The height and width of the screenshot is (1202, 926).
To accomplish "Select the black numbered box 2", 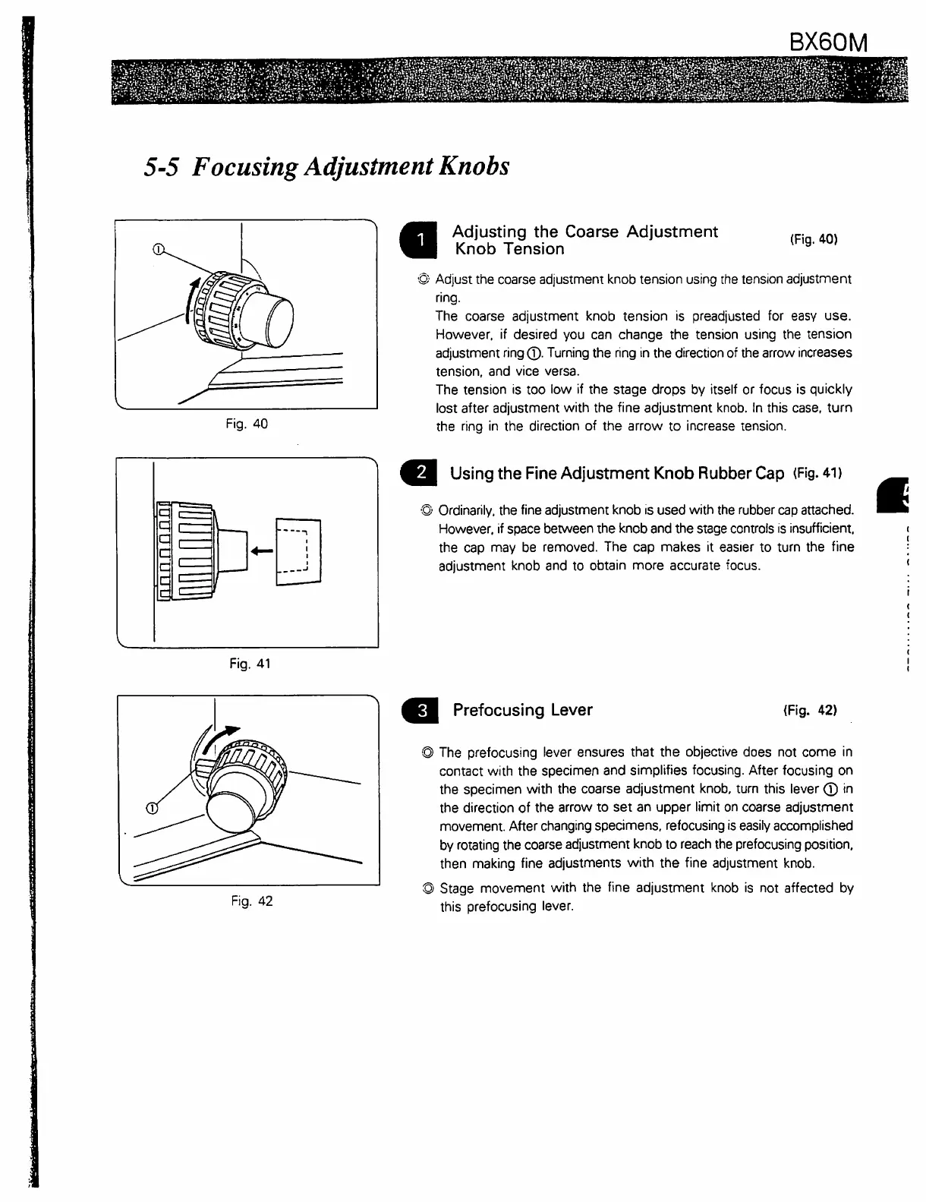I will (x=417, y=473).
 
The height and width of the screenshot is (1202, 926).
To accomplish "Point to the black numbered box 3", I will (x=417, y=711).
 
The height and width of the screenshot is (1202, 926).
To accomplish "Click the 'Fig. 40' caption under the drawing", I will (x=247, y=424).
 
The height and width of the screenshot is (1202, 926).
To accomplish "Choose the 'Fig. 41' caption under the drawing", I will (x=250, y=664).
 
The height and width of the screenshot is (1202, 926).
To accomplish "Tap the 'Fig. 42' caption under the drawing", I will (x=251, y=901).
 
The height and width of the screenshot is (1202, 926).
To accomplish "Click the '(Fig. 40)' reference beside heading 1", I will (x=814, y=239).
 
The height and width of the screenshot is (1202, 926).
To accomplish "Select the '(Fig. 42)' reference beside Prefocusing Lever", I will (x=810, y=711).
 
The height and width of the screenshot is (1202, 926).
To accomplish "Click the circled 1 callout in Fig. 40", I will (x=158, y=248).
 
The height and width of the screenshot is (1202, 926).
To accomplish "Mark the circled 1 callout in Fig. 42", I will (x=152, y=807).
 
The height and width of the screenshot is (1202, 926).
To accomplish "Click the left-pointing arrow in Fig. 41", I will (x=263, y=550).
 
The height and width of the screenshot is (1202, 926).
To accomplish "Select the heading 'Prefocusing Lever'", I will (x=522, y=711).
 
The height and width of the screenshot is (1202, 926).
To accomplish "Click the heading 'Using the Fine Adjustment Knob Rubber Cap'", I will (x=616, y=474).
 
